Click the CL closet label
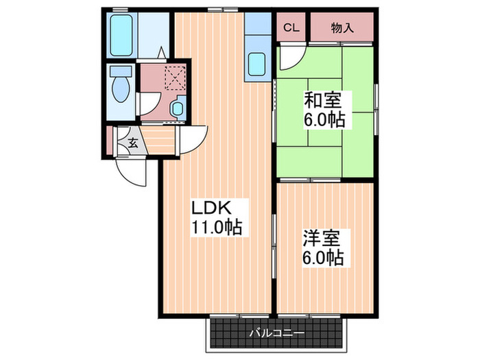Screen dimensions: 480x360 tap(291, 28)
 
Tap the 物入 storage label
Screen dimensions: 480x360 tap(342, 28)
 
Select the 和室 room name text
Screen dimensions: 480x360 tap(322, 100)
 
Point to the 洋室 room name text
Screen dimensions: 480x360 tap(322, 238)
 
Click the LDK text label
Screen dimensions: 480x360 tap(211, 208)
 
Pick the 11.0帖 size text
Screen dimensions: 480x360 tap(217, 227)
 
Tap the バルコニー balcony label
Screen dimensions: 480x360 tap(276, 333)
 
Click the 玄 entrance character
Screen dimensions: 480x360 tap(133, 143)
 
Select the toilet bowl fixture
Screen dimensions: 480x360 tap(121, 88)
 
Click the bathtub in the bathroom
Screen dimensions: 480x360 tap(121, 35)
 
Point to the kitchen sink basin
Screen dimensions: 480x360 tap(256, 64)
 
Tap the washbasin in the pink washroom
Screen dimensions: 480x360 tap(178, 108)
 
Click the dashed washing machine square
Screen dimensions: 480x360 tap(176, 77)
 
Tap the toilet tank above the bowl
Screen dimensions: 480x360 tap(121, 71)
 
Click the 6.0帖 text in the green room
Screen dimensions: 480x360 tap(324, 120)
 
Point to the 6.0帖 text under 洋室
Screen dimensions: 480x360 tap(323, 257)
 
